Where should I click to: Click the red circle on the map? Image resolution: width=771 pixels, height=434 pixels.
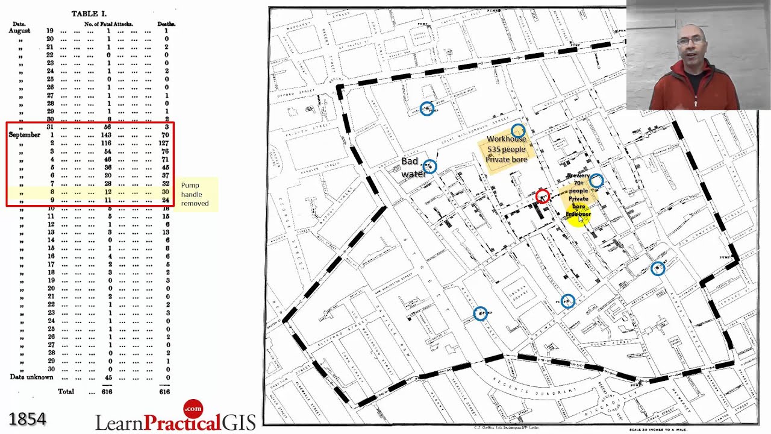(542, 196)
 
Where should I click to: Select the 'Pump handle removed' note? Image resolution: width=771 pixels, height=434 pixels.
(195, 194)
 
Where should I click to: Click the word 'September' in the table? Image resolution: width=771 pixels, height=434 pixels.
(25, 135)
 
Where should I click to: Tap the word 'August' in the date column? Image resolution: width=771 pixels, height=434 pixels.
(19, 30)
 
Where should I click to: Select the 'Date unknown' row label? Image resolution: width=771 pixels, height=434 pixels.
(31, 377)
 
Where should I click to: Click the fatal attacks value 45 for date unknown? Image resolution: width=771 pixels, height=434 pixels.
(108, 377)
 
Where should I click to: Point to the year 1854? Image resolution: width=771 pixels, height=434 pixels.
(27, 419)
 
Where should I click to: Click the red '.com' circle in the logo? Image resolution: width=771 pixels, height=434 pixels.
(193, 409)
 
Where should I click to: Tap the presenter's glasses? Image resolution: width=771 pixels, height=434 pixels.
(690, 41)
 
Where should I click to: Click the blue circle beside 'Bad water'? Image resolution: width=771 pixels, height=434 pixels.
(429, 166)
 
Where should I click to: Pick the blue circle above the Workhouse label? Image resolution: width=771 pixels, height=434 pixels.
(518, 130)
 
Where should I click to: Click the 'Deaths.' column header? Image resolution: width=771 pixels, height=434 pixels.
(166, 24)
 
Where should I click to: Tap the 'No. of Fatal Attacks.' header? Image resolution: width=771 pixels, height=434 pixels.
(108, 24)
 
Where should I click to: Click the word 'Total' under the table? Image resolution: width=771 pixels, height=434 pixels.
(66, 391)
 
